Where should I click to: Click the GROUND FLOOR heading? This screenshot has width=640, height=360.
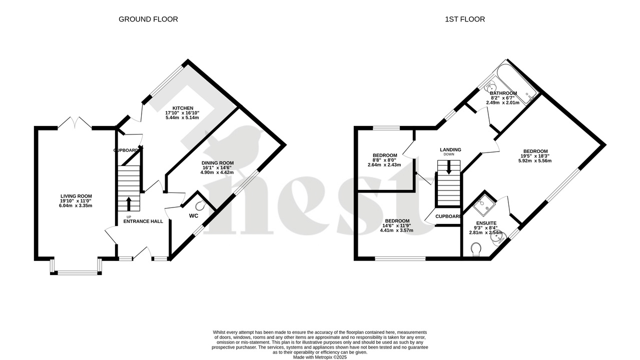(148, 19)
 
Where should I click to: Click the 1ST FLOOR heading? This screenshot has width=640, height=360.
(465, 19)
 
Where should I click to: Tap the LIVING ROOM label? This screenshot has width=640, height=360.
(76, 196)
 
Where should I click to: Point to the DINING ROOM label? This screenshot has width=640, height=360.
(218, 163)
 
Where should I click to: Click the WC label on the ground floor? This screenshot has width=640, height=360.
(194, 216)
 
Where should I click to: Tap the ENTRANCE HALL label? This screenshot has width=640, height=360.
(143, 221)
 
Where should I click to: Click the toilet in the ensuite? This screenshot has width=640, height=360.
(475, 248)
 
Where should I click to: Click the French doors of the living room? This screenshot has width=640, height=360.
(75, 123)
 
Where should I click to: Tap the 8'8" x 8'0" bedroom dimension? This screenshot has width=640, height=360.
(384, 160)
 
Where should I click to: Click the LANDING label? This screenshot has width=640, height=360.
(450, 149)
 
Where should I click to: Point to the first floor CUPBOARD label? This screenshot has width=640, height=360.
(448, 216)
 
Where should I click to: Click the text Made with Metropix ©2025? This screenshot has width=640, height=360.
(320, 357)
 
